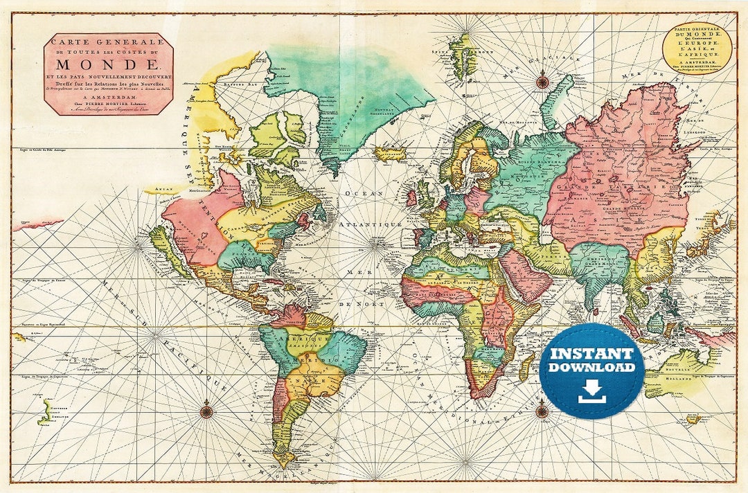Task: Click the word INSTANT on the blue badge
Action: tap(591, 354)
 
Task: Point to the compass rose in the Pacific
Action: tap(206, 411)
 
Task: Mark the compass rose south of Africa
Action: tap(542, 411)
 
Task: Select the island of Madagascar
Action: tap(527, 366)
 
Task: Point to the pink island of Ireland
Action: tap(411, 199)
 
